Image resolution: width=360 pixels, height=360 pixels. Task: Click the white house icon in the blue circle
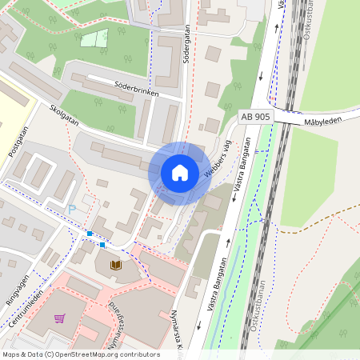click(180, 173)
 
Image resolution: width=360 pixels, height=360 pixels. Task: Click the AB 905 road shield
click(255, 117)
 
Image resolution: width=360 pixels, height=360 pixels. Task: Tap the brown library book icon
click(116, 264)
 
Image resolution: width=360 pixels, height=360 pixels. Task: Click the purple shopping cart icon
click(59, 318)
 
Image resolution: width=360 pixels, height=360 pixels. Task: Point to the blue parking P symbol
click(72, 209)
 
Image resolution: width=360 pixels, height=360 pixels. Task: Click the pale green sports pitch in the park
click(94, 38)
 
